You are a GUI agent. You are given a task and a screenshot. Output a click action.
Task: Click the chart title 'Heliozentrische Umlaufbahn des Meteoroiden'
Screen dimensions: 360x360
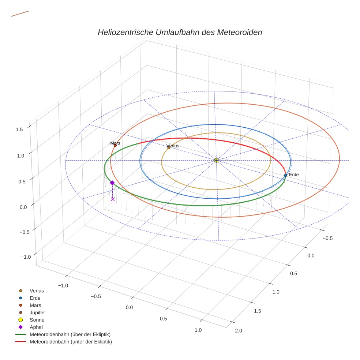coord(180,32)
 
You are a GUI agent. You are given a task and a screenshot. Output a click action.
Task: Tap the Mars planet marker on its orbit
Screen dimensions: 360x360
coord(115,145)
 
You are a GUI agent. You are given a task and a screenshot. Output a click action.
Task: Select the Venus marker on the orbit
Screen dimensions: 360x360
coord(169,148)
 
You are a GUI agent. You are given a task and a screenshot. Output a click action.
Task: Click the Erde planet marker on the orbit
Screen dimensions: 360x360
coord(285,175)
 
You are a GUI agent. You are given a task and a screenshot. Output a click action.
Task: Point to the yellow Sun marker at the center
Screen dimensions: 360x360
coord(216,160)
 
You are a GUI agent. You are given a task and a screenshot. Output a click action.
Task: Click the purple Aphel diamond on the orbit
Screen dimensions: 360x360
coord(112,183)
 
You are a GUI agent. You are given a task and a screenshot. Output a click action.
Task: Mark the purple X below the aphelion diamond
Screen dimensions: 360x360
coord(112,199)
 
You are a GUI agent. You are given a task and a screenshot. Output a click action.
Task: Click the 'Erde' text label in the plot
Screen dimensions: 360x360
coord(294,175)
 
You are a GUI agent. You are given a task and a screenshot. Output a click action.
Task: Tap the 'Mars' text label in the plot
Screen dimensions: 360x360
coord(115,143)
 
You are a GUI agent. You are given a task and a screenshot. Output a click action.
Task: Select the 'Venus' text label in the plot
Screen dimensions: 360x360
coord(173,146)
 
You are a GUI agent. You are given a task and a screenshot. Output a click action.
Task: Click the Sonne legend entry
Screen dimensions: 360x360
coord(37,320)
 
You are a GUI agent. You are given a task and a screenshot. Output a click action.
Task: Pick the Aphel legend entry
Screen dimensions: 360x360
coord(36,327)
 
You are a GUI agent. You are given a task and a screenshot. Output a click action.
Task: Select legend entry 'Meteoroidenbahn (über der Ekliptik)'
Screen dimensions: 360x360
coord(70,334)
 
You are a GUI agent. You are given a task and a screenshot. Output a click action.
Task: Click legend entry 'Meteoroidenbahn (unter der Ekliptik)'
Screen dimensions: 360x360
coord(71,342)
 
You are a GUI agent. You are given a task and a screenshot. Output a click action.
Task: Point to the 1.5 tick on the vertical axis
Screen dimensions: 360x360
coord(19,129)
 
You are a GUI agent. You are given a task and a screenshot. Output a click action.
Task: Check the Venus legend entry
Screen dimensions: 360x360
coord(37,290)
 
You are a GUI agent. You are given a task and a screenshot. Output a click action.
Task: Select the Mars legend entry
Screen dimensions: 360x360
coord(35,305)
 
